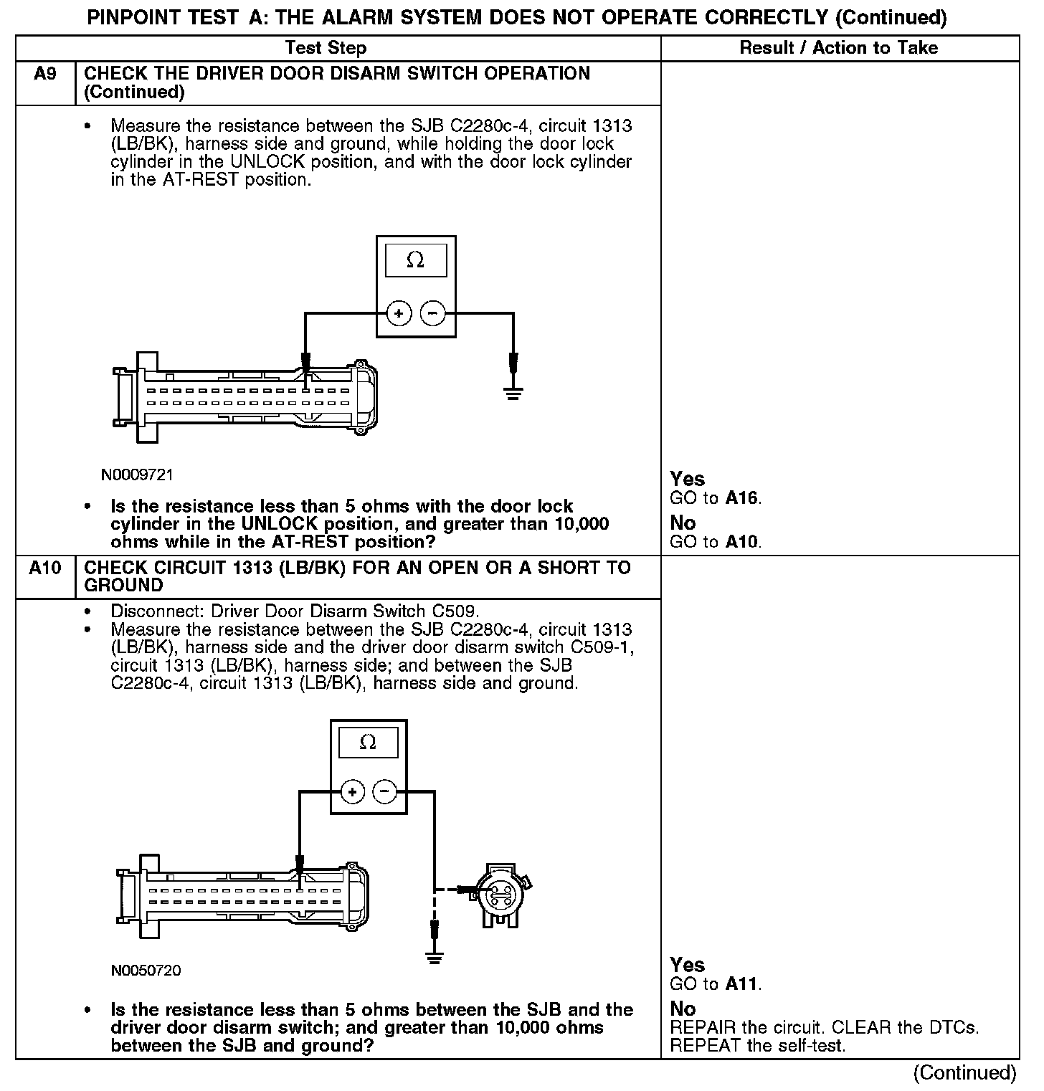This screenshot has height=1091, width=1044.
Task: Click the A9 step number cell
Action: click(x=44, y=74)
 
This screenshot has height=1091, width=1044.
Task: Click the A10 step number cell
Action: click(x=44, y=568)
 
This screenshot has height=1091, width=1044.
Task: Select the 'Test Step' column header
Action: click(x=326, y=48)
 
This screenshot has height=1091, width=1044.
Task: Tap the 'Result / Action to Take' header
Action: click(x=838, y=48)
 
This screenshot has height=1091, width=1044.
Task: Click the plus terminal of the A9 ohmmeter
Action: click(x=398, y=313)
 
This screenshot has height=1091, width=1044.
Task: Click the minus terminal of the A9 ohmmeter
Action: click(x=432, y=313)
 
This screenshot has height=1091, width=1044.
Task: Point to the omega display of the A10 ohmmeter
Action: click(x=368, y=742)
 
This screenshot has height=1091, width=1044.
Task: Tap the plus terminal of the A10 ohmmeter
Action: click(x=351, y=792)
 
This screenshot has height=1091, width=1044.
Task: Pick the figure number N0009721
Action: click(x=137, y=475)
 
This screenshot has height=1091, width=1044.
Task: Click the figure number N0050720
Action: click(x=146, y=971)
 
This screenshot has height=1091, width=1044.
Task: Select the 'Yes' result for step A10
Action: click(x=687, y=965)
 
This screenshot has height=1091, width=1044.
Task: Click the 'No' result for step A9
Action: click(x=683, y=523)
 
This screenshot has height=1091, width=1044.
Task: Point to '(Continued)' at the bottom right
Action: click(x=964, y=1072)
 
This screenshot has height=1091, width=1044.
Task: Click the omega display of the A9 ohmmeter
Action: click(x=416, y=260)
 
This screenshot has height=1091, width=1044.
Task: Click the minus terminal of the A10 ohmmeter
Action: click(x=385, y=792)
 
